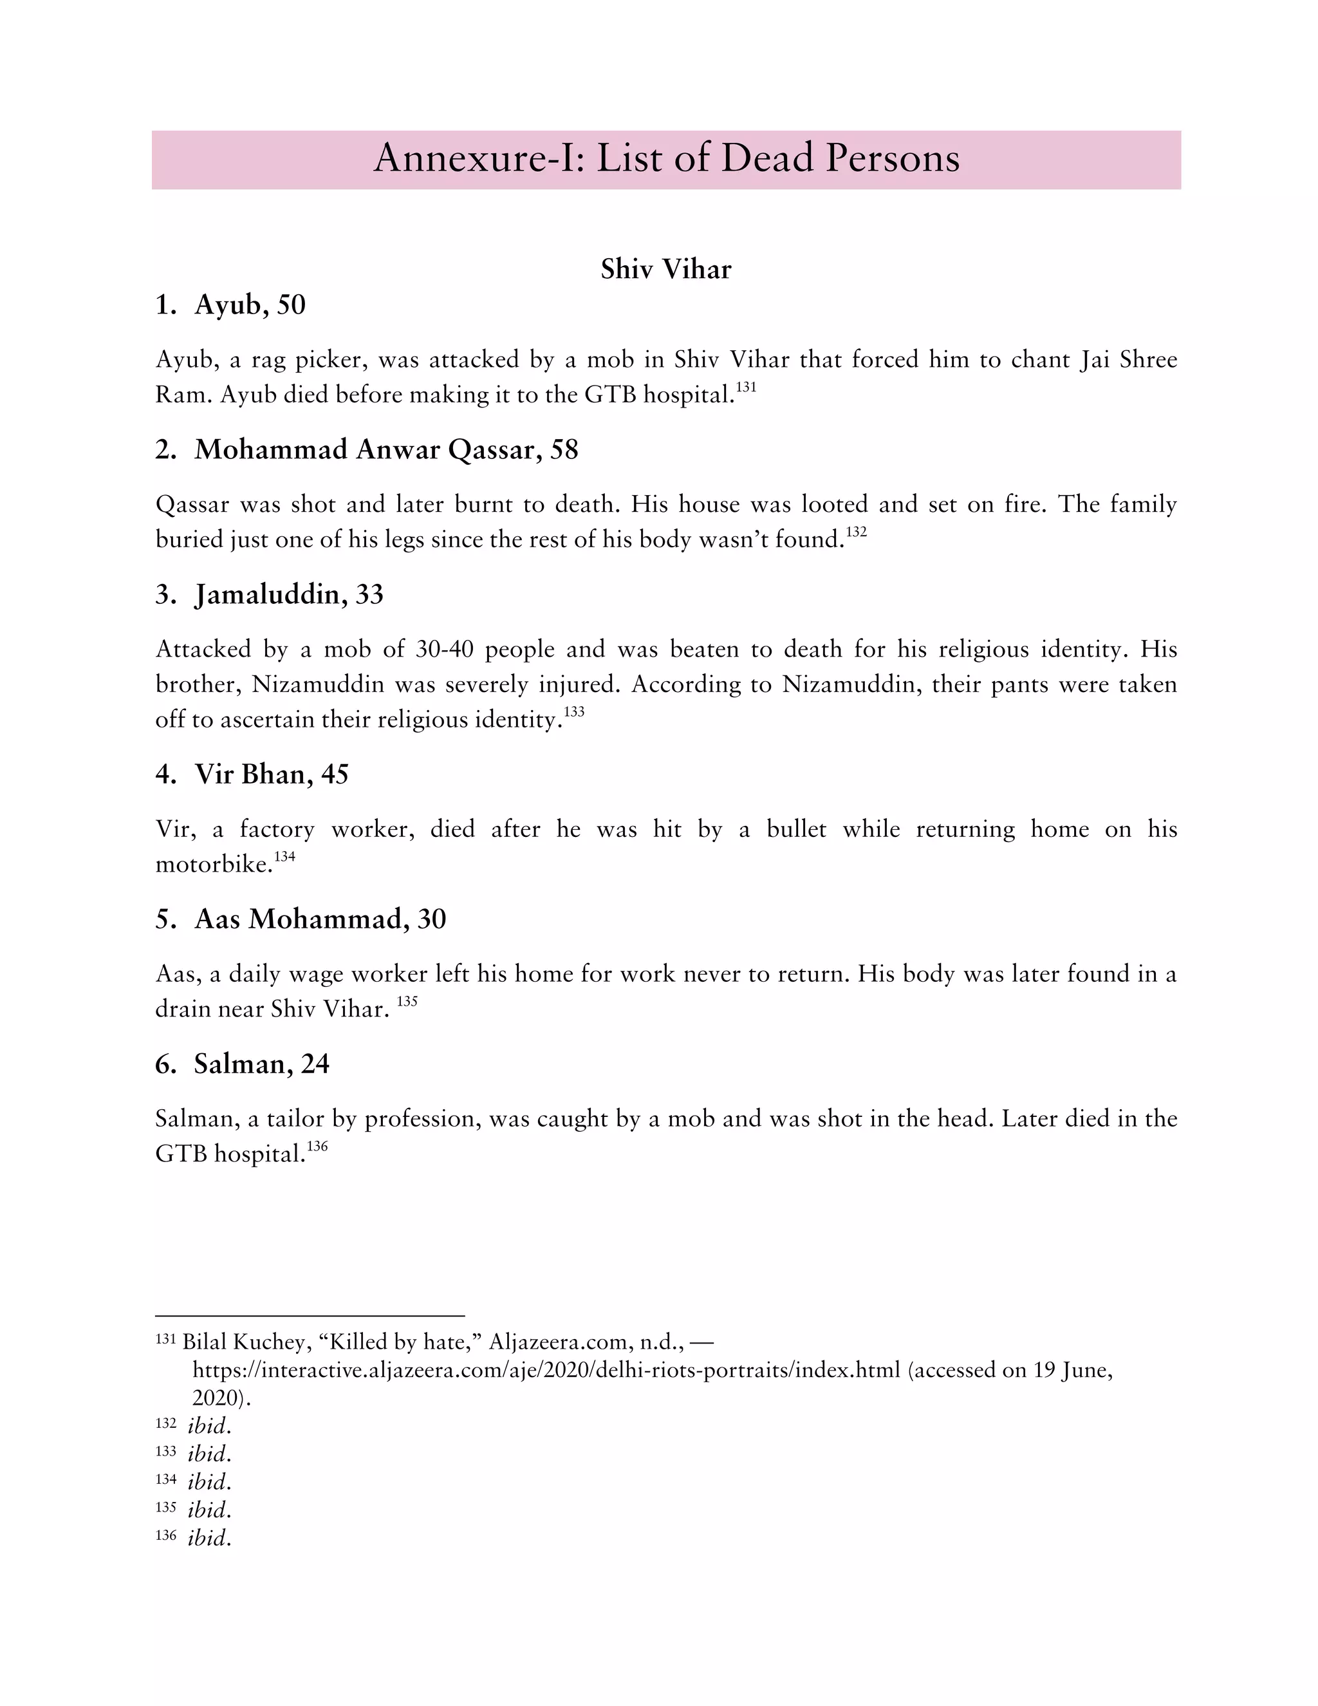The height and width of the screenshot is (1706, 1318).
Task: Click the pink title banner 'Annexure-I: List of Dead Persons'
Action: [x=666, y=160]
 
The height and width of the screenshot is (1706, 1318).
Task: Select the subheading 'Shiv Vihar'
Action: [x=665, y=270]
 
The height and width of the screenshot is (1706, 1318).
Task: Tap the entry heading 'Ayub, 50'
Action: [x=249, y=305]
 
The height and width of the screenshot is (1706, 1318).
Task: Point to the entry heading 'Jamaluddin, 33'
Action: [x=289, y=594]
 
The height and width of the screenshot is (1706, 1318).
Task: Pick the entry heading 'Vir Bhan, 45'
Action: [x=271, y=774]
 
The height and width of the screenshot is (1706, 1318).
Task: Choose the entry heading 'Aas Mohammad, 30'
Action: [x=320, y=919]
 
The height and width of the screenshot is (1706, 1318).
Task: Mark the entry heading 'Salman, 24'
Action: [x=261, y=1064]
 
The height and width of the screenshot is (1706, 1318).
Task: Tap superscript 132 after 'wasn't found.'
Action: [x=857, y=532]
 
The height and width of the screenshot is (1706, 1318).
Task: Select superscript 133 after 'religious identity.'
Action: [x=574, y=711]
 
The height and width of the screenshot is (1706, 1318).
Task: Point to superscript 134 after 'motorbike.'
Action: [x=284, y=857]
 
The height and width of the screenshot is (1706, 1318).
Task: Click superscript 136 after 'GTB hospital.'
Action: [x=317, y=1146]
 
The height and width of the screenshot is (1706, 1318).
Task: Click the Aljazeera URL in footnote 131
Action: [x=546, y=1369]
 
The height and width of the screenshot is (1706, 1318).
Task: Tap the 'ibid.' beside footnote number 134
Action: [x=209, y=1482]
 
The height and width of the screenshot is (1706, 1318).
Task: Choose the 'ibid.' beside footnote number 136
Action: [x=209, y=1538]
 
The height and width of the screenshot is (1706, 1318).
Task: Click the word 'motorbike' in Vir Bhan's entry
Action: [x=212, y=865]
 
